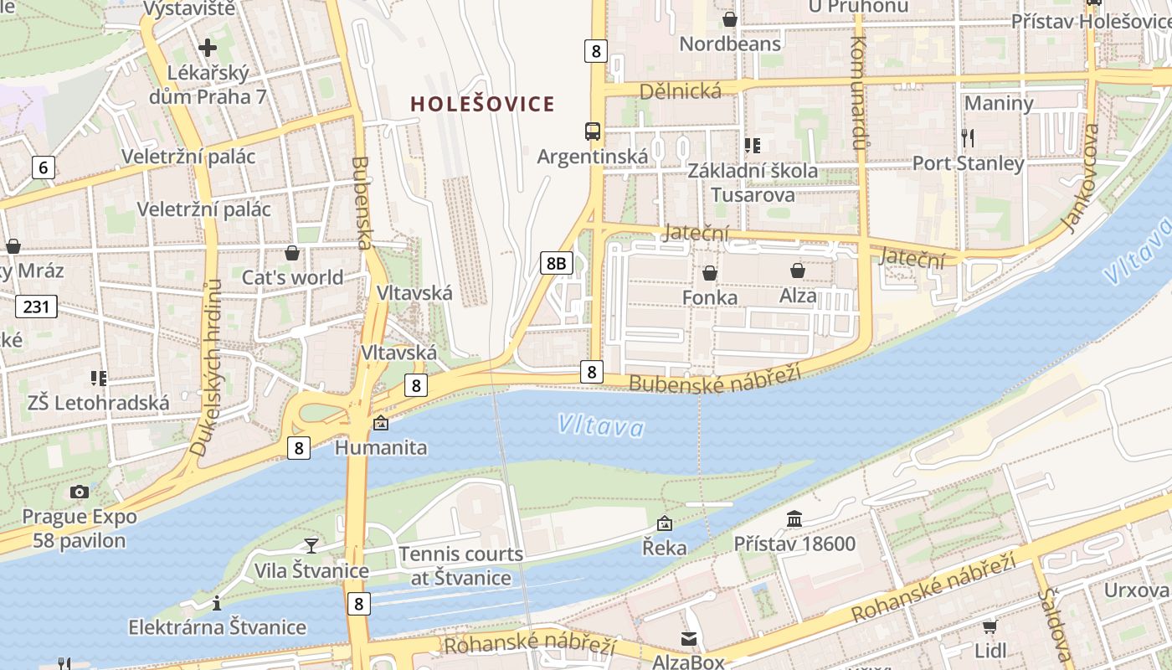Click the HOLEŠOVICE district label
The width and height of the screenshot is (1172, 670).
click(x=482, y=104)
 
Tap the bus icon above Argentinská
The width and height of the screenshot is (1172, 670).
click(x=593, y=131)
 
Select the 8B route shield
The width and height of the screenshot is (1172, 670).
click(x=556, y=264)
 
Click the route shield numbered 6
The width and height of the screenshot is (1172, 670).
click(x=44, y=167)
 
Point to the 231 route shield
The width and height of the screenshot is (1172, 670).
click(x=36, y=307)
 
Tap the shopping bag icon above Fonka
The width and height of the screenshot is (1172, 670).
click(x=710, y=273)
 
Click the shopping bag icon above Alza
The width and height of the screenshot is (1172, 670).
click(x=798, y=271)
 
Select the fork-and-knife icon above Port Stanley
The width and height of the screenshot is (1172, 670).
click(x=968, y=137)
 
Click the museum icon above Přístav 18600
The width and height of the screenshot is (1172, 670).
click(x=794, y=519)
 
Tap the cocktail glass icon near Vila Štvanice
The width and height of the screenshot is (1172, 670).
click(x=311, y=545)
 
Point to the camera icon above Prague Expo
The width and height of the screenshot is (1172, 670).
click(x=80, y=492)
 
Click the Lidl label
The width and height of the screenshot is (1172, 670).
click(x=990, y=650)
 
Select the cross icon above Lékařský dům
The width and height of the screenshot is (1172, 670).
click(x=208, y=48)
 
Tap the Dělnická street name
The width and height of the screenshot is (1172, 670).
click(x=680, y=90)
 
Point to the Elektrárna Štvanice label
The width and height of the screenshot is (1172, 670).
click(x=217, y=627)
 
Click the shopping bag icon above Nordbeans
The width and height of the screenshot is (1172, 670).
click(x=730, y=18)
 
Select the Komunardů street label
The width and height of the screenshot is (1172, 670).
click(x=857, y=92)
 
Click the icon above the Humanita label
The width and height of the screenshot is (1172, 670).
click(x=381, y=423)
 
